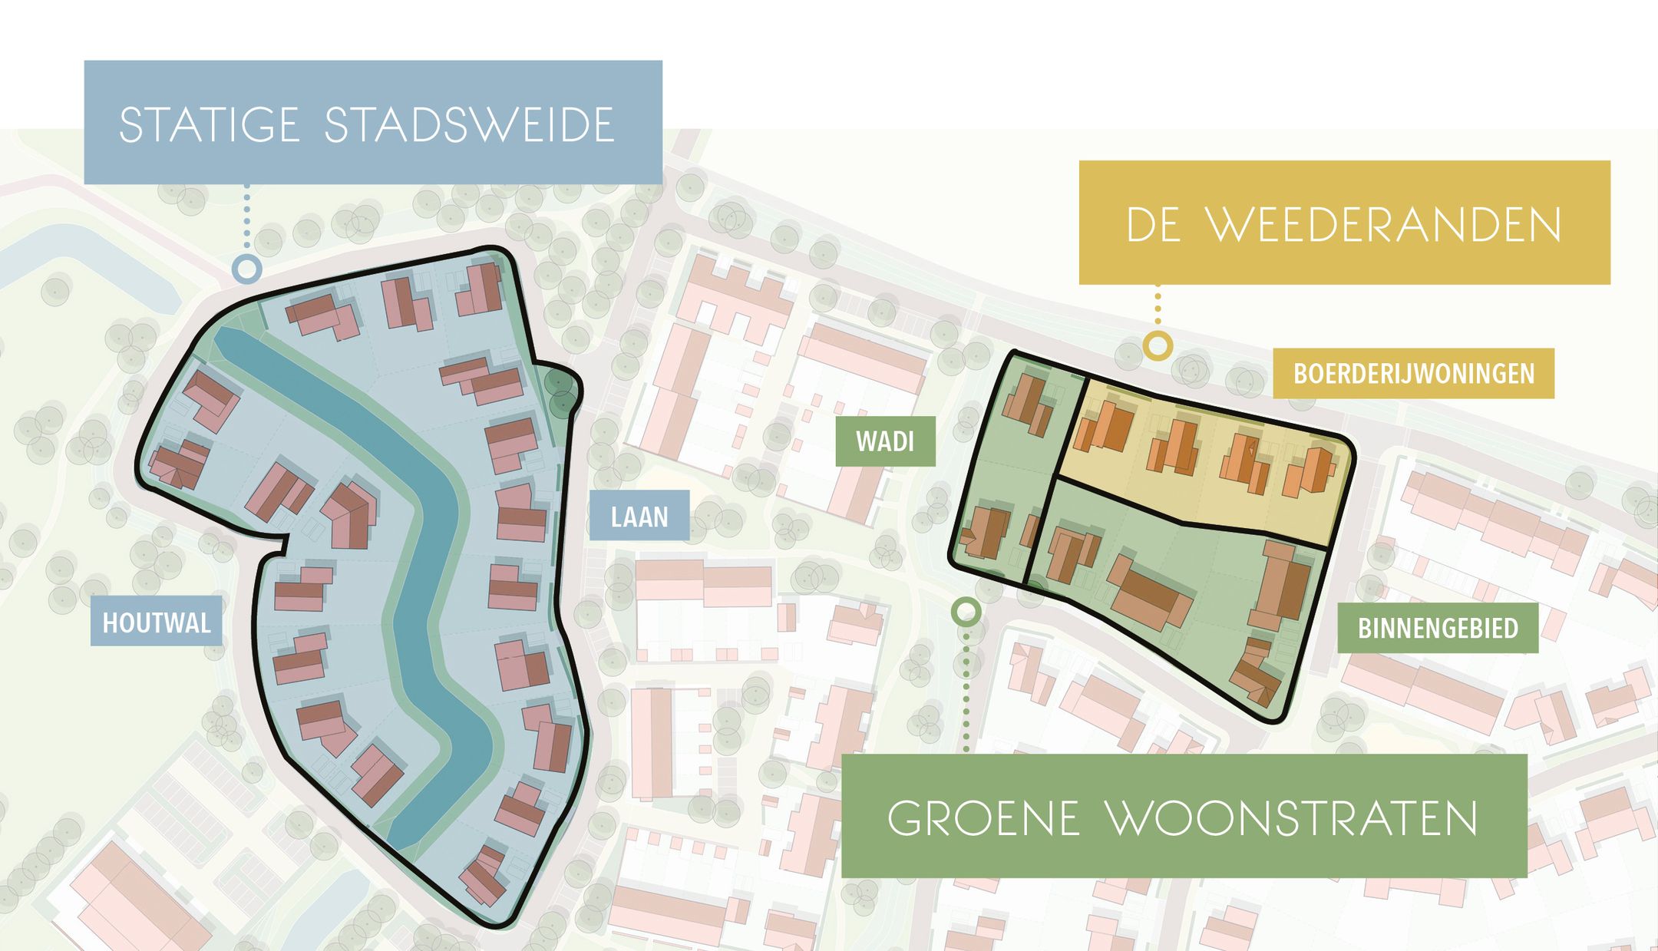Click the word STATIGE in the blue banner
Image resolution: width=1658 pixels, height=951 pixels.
209,125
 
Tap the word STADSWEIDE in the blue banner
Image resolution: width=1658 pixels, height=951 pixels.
470,125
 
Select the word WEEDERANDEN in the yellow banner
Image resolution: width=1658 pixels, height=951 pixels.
1384,225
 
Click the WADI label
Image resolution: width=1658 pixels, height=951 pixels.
885,441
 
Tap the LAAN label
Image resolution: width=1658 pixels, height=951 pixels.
639,517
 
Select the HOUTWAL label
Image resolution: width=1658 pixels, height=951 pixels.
157,622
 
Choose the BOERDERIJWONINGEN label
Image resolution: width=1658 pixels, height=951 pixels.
1413,374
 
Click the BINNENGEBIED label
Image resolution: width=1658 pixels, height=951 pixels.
1438,628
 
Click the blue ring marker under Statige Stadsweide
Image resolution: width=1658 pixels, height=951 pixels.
247,269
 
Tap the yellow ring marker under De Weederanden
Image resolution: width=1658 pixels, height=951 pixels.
1158,346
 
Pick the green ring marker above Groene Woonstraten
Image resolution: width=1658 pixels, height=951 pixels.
966,612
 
